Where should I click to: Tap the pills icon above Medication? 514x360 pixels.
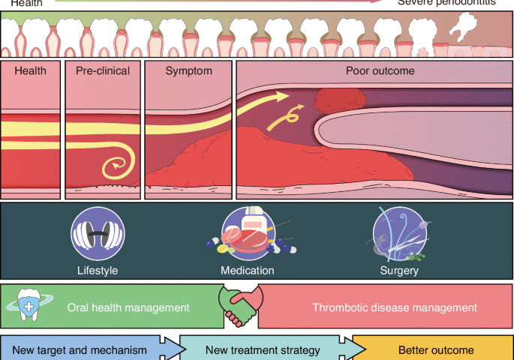[x=247, y=233]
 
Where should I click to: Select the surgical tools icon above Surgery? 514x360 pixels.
[x=399, y=233]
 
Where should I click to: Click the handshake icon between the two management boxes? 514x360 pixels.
[x=240, y=305]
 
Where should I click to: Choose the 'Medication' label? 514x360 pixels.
[x=247, y=270]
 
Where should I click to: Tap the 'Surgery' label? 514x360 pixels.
[x=399, y=270]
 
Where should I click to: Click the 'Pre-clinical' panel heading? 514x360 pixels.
[x=103, y=71]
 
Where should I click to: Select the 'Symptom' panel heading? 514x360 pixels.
[x=188, y=71]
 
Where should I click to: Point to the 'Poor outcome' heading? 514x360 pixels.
[x=380, y=71]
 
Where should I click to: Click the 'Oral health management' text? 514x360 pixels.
[x=128, y=307]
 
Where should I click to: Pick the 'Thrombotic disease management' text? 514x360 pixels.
[x=394, y=307]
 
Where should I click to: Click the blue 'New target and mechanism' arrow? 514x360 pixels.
[x=86, y=350]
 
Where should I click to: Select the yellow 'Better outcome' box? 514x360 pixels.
[x=435, y=350]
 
